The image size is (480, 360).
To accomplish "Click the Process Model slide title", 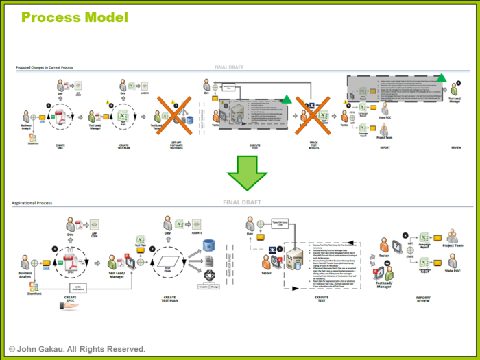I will (74, 17).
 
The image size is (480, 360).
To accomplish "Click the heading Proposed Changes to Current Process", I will (45, 68).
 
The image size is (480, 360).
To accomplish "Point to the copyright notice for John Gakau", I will (77, 349).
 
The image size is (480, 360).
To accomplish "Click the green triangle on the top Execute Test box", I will (286, 99).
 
